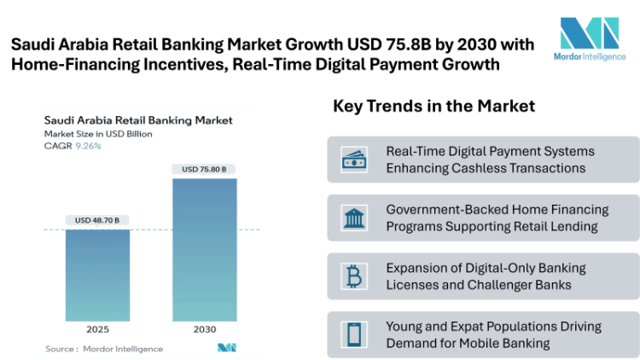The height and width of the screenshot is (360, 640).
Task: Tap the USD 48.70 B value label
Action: [x=97, y=220]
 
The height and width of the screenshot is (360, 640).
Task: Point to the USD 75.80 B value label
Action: [x=204, y=169]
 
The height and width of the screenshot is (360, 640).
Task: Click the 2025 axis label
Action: [x=97, y=328]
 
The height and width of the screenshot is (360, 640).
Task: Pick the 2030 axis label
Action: [x=204, y=328]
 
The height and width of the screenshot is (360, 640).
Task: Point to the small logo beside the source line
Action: [x=226, y=347]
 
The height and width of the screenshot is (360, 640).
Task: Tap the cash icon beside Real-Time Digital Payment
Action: [x=354, y=159]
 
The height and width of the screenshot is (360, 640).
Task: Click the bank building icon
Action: [x=354, y=217]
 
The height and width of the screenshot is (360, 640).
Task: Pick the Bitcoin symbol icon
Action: [x=354, y=275]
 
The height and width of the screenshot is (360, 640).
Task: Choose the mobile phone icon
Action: [x=354, y=334]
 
